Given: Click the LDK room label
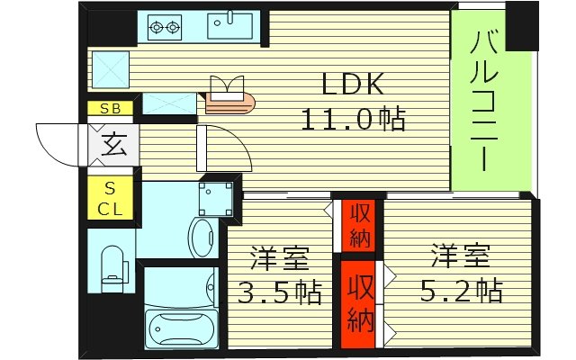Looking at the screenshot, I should tap(354, 85).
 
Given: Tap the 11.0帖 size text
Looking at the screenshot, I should tap(354, 118).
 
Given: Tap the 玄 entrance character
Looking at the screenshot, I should tap(113, 144).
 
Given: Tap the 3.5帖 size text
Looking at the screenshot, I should tap(278, 292).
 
